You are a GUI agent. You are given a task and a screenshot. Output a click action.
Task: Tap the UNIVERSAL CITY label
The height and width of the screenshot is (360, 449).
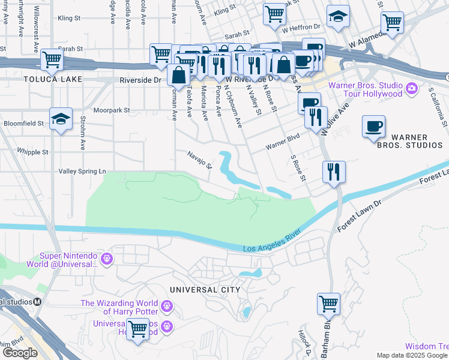tap(205, 290)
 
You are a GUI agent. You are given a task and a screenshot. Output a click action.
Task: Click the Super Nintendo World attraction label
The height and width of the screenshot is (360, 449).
tap(68, 260)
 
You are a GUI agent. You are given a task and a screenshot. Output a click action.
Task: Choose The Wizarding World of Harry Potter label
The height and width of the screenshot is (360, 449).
tap(119, 307)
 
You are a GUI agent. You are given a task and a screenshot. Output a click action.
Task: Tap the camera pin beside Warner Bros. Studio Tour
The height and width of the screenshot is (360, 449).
tap(412, 89)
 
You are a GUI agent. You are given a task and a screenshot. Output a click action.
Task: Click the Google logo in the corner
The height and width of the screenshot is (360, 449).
tap(20, 353)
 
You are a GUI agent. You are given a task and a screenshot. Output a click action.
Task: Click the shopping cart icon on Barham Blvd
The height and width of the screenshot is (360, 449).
tap(328, 303)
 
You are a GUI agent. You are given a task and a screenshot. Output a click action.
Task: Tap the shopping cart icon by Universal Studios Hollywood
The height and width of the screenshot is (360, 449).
tap(138, 329)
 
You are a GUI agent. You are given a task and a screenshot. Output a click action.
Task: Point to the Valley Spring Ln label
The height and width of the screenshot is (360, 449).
tap(82, 172)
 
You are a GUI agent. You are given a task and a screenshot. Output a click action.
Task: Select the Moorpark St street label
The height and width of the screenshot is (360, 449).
tap(115, 110)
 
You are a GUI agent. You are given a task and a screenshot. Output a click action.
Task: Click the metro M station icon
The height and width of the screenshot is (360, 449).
tap(37, 302)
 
